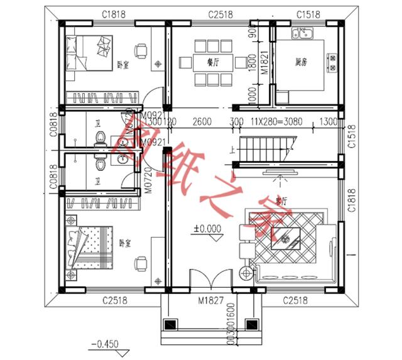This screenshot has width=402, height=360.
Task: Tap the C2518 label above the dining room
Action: [x=220, y=13]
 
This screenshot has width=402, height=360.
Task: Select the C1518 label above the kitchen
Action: [x=306, y=13]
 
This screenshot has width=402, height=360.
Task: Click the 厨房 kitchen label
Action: [x=302, y=62]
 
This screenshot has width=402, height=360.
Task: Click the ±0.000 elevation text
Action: [x=207, y=229]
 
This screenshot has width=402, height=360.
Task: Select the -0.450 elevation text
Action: [x=104, y=344]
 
